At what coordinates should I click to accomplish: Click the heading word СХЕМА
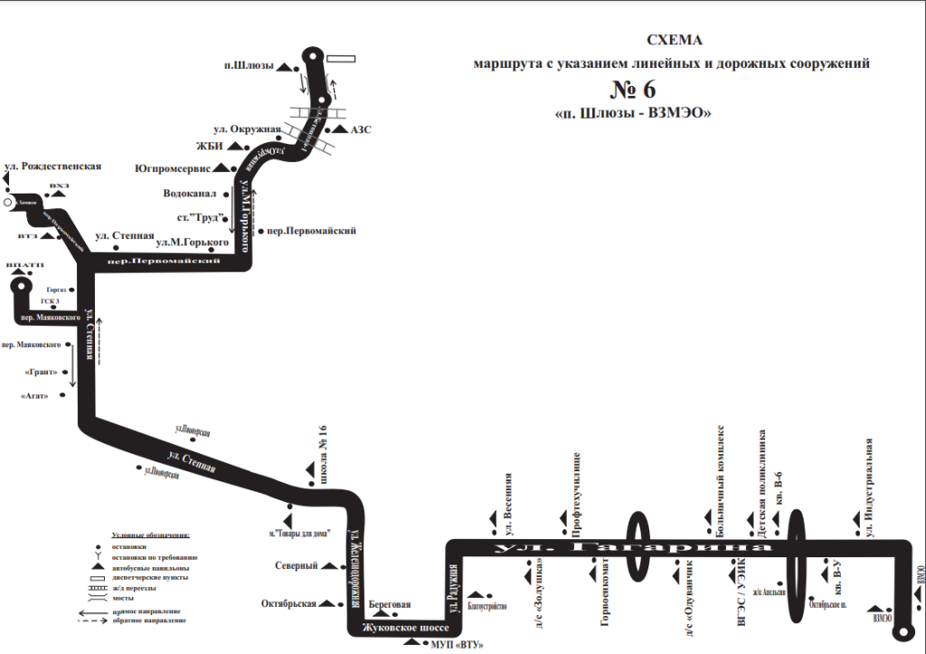coord(674,41)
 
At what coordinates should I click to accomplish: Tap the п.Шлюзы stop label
coord(248,66)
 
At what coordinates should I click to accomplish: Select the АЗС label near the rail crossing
coord(360,130)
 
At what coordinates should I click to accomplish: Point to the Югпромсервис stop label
coord(172,167)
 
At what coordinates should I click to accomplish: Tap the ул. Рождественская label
coord(52,166)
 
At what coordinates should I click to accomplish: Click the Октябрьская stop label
coord(288,603)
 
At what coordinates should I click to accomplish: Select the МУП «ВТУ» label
coord(454,644)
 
